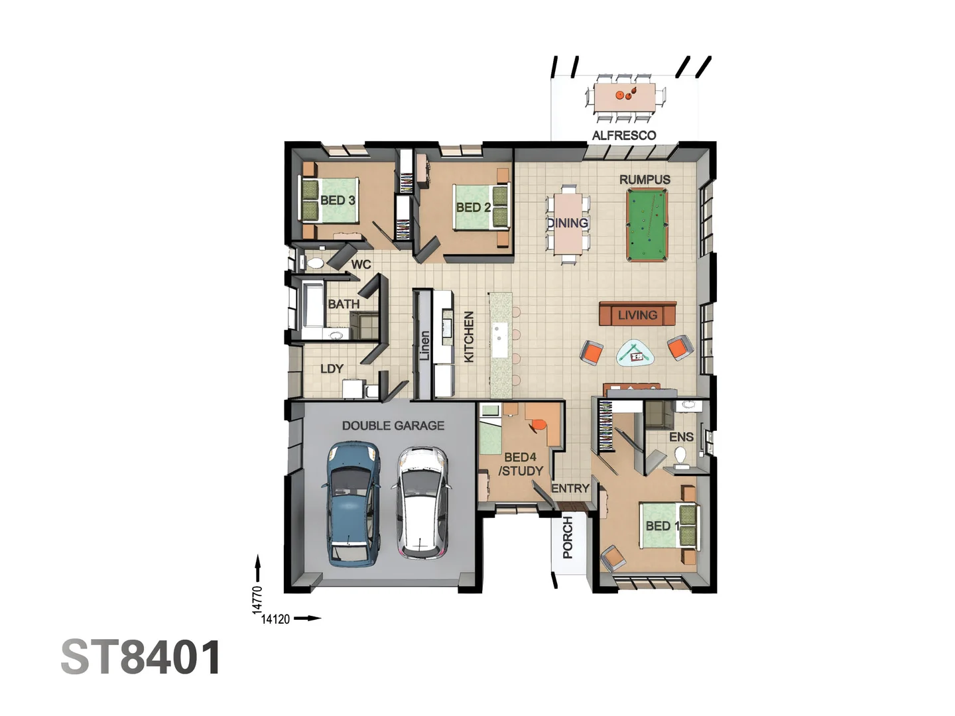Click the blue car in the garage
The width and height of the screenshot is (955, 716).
pyautogui.click(x=351, y=504)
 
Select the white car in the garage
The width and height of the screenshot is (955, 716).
pyautogui.click(x=420, y=503)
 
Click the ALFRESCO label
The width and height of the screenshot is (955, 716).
pyautogui.click(x=623, y=135)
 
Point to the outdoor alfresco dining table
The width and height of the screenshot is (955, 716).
pyautogui.click(x=625, y=98)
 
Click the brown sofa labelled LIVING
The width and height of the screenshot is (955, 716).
pyautogui.click(x=637, y=314)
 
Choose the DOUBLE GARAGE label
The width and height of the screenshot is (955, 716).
pyautogui.click(x=393, y=426)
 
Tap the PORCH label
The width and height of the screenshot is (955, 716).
pyautogui.click(x=568, y=538)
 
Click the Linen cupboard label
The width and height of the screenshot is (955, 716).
pyautogui.click(x=424, y=345)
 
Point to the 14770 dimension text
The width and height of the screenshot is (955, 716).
pyautogui.click(x=257, y=599)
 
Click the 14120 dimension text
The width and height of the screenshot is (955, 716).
pyautogui.click(x=275, y=619)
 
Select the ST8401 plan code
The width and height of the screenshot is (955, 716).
pyautogui.click(x=141, y=658)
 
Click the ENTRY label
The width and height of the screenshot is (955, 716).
pyautogui.click(x=570, y=489)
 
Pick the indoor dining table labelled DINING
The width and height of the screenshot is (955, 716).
pyautogui.click(x=568, y=223)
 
